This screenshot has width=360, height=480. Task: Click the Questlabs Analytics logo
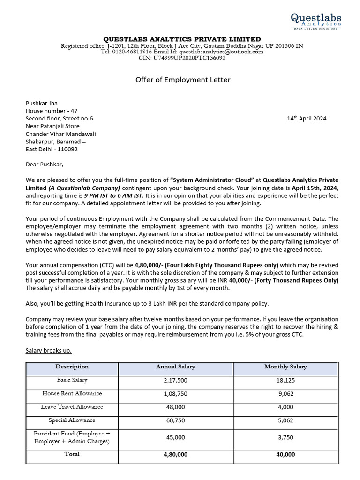tap(315, 21)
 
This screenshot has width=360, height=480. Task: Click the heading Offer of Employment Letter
tap(183, 80)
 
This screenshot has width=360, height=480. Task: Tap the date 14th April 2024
tap(307, 119)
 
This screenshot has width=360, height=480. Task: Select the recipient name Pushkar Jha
tap(42, 104)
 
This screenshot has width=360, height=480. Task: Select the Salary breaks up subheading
tap(49, 351)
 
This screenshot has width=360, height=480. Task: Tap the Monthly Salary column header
tap(285, 367)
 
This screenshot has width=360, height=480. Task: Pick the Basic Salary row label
tap(72, 381)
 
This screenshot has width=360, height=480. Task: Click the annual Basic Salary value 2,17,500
tap(175, 381)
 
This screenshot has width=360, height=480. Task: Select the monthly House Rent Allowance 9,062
tap(285, 394)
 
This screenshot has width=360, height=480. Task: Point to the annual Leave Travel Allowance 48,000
tap(175, 407)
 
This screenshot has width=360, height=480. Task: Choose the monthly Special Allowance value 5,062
tap(285, 421)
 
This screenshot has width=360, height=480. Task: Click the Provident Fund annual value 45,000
tap(175, 437)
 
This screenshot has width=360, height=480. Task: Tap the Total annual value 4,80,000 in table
tap(175, 455)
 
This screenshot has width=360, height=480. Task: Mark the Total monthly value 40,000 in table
tap(285, 455)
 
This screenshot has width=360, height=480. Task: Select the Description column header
tap(72, 367)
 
